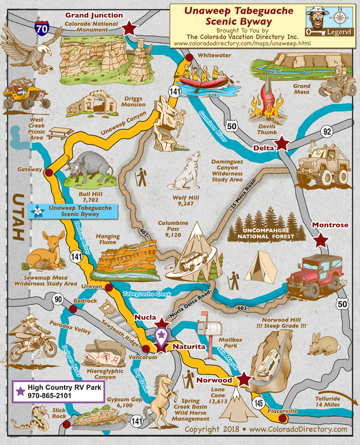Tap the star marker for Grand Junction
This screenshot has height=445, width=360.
pos(129,28)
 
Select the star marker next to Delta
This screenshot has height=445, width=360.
pos(281,144)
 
